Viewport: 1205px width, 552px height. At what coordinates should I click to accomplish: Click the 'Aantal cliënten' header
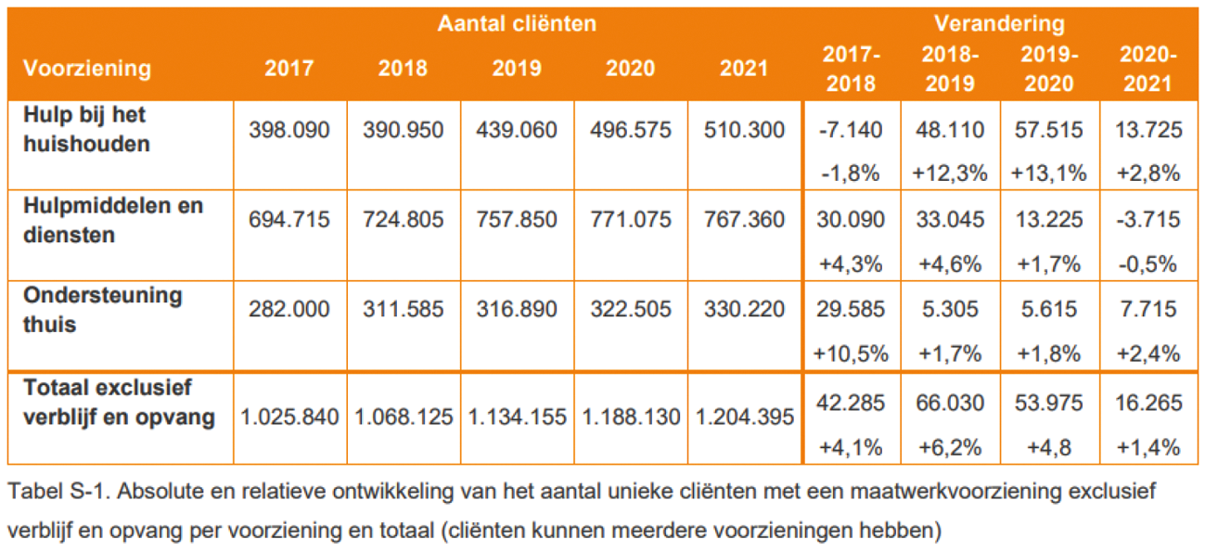pos(517,24)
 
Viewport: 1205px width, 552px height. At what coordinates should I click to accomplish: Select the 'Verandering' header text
pos(999,24)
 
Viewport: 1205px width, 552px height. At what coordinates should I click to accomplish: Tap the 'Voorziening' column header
pos(87,69)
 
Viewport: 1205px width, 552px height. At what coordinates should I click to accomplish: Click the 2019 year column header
pos(517,69)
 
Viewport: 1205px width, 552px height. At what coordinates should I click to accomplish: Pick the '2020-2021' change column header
pos(1147,69)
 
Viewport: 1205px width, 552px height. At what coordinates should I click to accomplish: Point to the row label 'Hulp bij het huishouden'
pos(85,129)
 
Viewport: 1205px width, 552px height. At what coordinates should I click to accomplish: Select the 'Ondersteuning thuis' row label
pos(103,310)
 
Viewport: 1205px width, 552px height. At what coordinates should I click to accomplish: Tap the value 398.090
pos(289,130)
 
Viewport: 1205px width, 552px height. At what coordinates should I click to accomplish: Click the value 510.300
pos(745,130)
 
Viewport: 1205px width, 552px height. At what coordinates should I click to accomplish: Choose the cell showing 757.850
pos(517,220)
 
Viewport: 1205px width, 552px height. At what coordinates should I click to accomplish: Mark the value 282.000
pos(289,310)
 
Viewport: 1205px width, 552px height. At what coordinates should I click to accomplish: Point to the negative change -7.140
pos(851,130)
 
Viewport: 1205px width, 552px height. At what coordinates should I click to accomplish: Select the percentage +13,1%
pos(1048,173)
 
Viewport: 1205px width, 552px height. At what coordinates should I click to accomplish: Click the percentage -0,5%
pos(1148,263)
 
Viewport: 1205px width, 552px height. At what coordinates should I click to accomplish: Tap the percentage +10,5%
pos(851,353)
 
